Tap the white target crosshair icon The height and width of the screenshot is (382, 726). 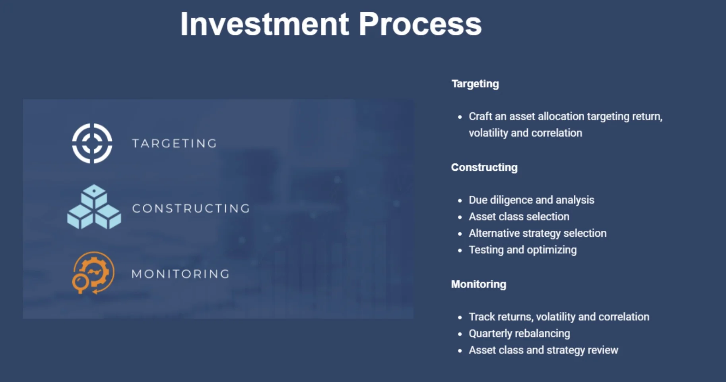pos(92,143)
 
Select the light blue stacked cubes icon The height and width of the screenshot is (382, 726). pos(94,207)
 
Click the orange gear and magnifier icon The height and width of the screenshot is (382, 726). pos(93,273)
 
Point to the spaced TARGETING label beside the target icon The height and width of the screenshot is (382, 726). pos(175,143)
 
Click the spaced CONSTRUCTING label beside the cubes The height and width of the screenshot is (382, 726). pos(191,208)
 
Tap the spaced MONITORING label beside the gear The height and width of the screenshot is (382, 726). pos(181,274)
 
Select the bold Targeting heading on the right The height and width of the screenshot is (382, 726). pos(475,84)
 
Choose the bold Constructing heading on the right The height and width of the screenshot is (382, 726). pos(484,167)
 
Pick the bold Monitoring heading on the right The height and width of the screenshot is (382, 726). pos(479,284)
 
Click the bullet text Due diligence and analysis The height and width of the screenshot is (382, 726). pos(531,200)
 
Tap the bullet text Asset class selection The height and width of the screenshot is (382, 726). pos(519,216)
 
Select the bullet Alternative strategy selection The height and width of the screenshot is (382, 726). pos(538,233)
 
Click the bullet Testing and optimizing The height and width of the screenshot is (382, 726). pos(522,250)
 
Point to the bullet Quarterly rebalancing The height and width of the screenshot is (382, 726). pos(519,334)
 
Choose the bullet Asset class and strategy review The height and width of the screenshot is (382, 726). pos(543,350)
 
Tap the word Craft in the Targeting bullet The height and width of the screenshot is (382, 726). pos(480,116)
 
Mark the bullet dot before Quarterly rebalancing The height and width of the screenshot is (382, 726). pos(460,334)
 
